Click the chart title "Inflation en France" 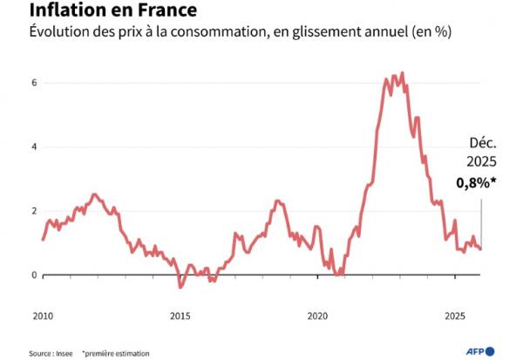pos(101,11)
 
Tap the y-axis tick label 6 pos(34,83)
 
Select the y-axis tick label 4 pos(34,146)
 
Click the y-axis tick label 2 pos(34,211)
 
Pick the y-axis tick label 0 pos(34,275)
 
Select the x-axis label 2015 pos(180,316)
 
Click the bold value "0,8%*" pos(477,184)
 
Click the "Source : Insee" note pos(50,353)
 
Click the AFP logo pos(479,350)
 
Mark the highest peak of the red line pos(401,73)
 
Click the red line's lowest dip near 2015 pos(180,286)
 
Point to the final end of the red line pos(481,249)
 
